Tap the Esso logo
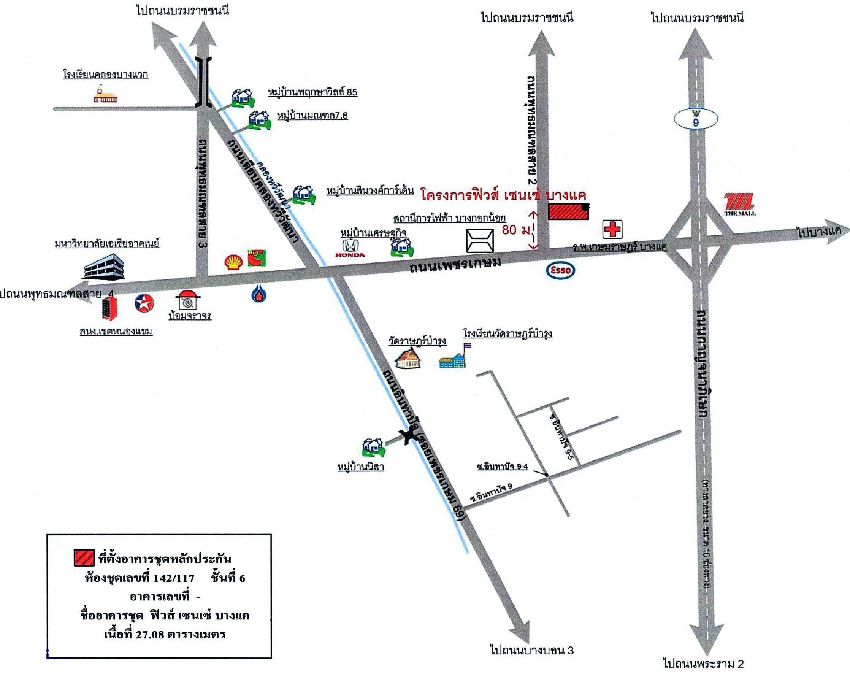560,270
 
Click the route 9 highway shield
695,119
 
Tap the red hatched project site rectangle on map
568,212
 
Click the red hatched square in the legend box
84,557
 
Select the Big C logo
257,258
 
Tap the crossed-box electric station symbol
480,241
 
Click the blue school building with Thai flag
454,359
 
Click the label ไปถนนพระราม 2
703,664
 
